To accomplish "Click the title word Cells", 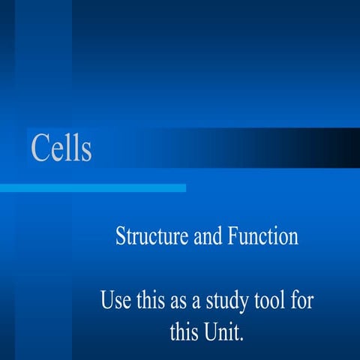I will (61, 148).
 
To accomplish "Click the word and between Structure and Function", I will (208, 237).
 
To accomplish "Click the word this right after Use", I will (151, 302).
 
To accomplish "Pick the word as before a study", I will (180, 303).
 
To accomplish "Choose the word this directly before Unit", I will (184, 331).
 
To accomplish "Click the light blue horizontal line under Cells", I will (93, 187).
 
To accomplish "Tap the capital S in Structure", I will (121, 237).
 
